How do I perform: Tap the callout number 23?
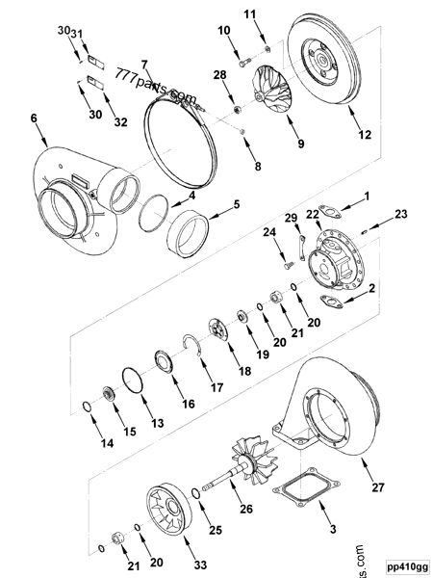[400, 213]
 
